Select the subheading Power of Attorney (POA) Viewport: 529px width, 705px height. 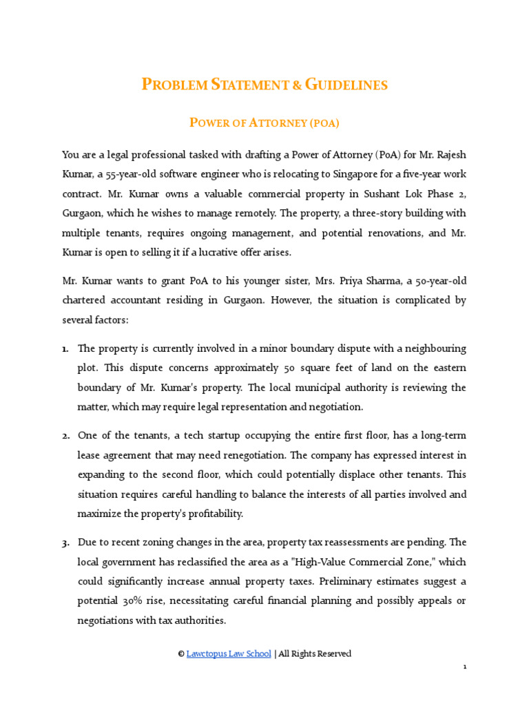(264, 123)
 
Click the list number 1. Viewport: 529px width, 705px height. (65, 349)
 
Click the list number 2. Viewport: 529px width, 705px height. (65, 436)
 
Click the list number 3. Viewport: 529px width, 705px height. (65, 543)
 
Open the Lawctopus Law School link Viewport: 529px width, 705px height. (229, 653)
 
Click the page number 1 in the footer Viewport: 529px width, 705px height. (465, 667)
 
